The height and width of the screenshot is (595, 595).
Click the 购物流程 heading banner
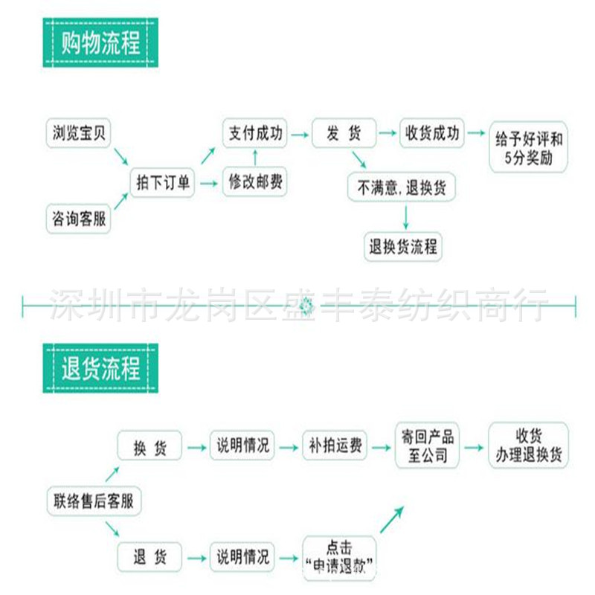(x=101, y=44)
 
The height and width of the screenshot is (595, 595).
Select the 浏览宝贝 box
(x=78, y=134)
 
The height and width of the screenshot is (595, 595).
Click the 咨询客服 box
(x=78, y=219)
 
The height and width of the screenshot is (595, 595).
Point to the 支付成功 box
(x=255, y=135)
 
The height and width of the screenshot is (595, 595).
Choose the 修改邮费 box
(x=255, y=181)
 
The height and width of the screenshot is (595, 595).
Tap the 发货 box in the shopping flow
(x=343, y=135)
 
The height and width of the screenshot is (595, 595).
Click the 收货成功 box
(x=432, y=135)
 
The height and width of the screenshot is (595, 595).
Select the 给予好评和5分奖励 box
(x=528, y=147)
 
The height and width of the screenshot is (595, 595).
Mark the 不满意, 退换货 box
(x=402, y=187)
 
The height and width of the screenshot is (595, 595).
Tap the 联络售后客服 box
(x=94, y=500)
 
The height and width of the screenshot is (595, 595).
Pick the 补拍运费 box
(x=335, y=446)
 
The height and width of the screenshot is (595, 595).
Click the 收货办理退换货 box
(x=528, y=446)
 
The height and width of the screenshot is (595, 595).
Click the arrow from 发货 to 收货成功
(x=387, y=135)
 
